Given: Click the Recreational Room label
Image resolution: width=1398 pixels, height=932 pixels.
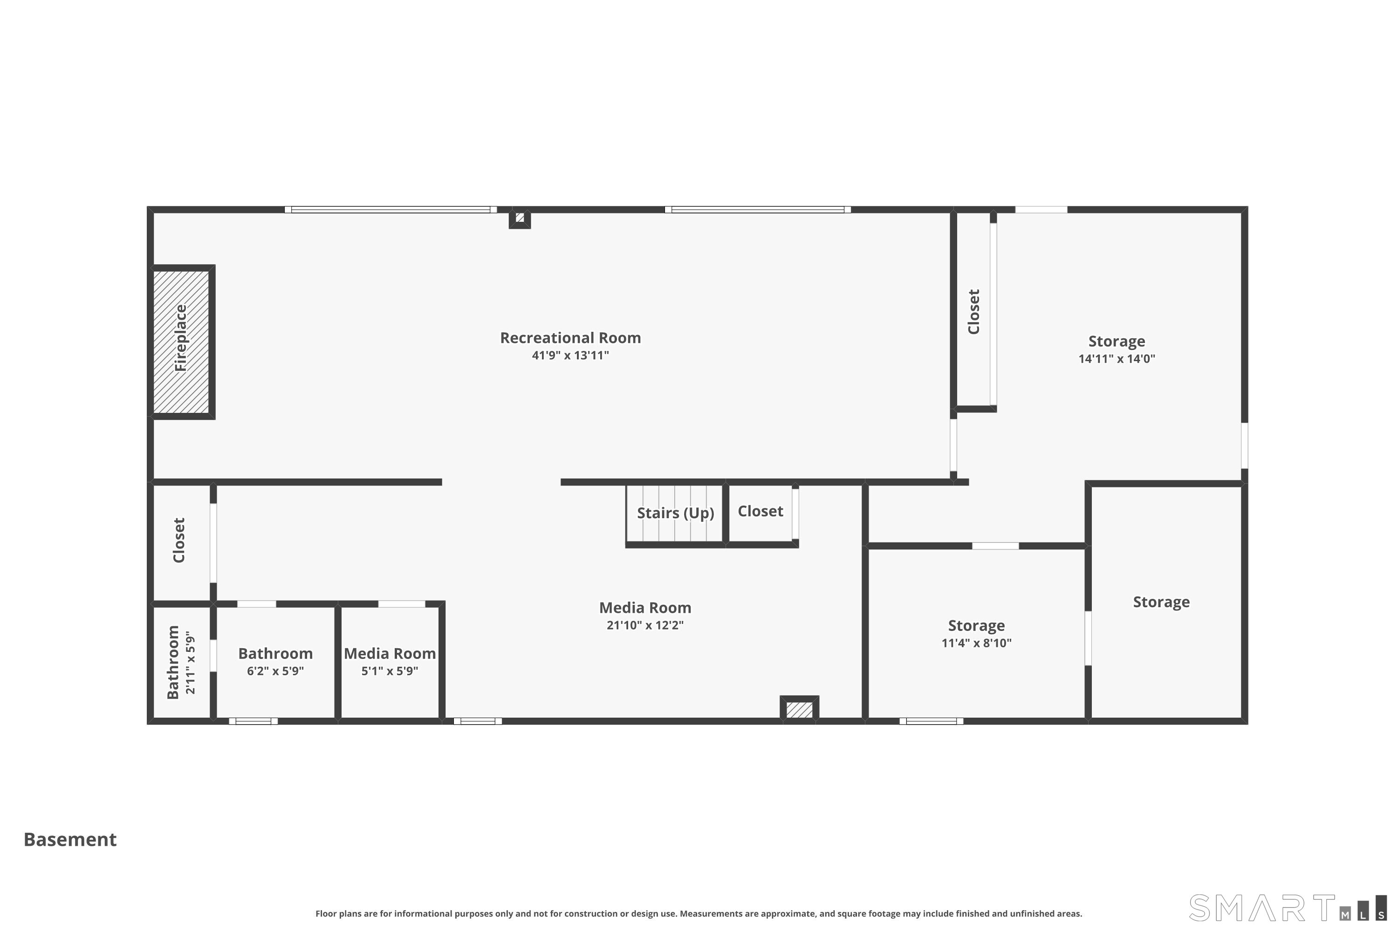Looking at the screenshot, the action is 570,337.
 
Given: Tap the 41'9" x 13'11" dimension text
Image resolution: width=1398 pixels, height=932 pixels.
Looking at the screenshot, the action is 570,356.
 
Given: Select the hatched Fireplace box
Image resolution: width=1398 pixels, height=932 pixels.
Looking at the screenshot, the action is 181,342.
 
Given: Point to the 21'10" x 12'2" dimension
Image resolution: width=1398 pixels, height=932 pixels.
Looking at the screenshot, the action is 645,625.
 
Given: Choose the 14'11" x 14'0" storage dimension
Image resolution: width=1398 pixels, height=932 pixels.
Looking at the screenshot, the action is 1117,359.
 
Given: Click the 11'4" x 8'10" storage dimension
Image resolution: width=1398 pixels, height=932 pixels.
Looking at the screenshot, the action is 977,643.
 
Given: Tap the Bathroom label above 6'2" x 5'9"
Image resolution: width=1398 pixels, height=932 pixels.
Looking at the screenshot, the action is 275,653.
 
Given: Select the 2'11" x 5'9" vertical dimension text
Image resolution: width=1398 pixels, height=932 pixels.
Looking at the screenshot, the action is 190,663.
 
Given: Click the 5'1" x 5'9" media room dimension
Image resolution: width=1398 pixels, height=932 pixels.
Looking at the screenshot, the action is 390,671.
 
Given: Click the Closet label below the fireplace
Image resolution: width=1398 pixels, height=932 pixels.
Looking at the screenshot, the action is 179,540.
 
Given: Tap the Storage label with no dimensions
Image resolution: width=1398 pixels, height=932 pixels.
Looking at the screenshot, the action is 1161,602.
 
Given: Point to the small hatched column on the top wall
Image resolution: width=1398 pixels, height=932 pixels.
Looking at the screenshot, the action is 520,219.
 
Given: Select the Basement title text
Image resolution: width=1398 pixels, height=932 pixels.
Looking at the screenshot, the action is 70,839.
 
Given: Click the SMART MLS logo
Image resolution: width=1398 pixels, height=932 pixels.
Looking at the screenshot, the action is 1288,908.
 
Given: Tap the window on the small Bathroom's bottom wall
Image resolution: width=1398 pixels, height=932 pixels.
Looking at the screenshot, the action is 253,721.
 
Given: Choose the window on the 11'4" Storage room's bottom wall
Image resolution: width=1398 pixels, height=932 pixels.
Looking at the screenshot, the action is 932,721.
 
